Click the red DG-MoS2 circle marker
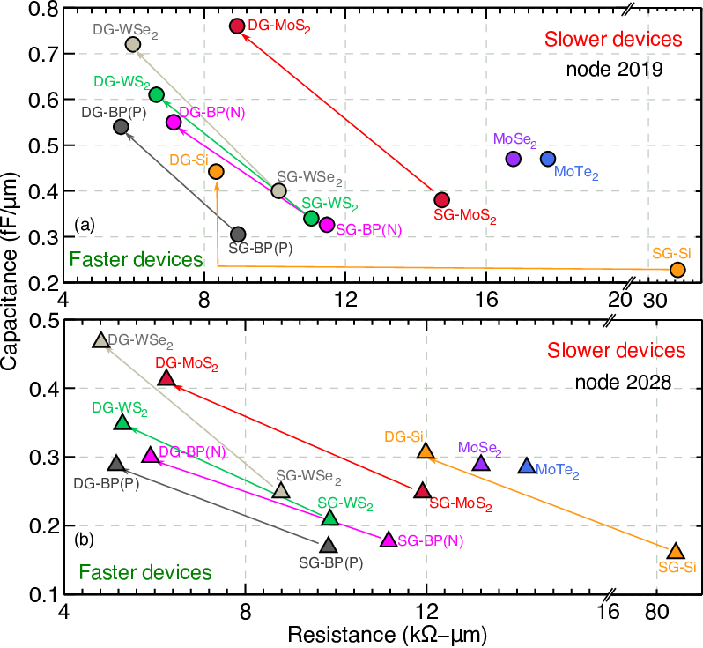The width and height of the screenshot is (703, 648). coord(237,26)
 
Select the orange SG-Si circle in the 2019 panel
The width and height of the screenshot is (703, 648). coord(677,270)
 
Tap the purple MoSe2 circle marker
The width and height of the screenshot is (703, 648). coord(513,159)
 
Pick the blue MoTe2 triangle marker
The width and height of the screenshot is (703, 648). coord(526,466)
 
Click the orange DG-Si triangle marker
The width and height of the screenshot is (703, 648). coord(425,451)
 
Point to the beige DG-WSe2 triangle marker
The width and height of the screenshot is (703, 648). coord(101,339)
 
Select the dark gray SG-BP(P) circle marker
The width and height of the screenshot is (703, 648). coord(238,235)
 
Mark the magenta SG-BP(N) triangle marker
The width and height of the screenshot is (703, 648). coord(388,540)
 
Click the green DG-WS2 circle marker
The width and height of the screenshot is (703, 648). coord(156,94)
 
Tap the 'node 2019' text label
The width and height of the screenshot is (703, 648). coord(614,69)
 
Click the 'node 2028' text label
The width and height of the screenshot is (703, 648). coord(623,383)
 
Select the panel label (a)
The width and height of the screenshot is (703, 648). coord(85,225)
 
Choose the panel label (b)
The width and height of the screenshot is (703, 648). coord(85,539)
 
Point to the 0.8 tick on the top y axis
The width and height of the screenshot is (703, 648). coord(43,9)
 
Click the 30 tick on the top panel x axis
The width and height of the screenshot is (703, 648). coord(655,300)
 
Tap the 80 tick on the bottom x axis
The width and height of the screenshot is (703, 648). coord(657,611)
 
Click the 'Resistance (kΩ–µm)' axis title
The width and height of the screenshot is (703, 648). coord(387,635)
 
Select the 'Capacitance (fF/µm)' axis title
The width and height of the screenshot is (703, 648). coord(10,271)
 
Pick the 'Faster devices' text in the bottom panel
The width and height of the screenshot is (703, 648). coord(145,572)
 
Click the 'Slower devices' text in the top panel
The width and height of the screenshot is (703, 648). coord(613,40)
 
